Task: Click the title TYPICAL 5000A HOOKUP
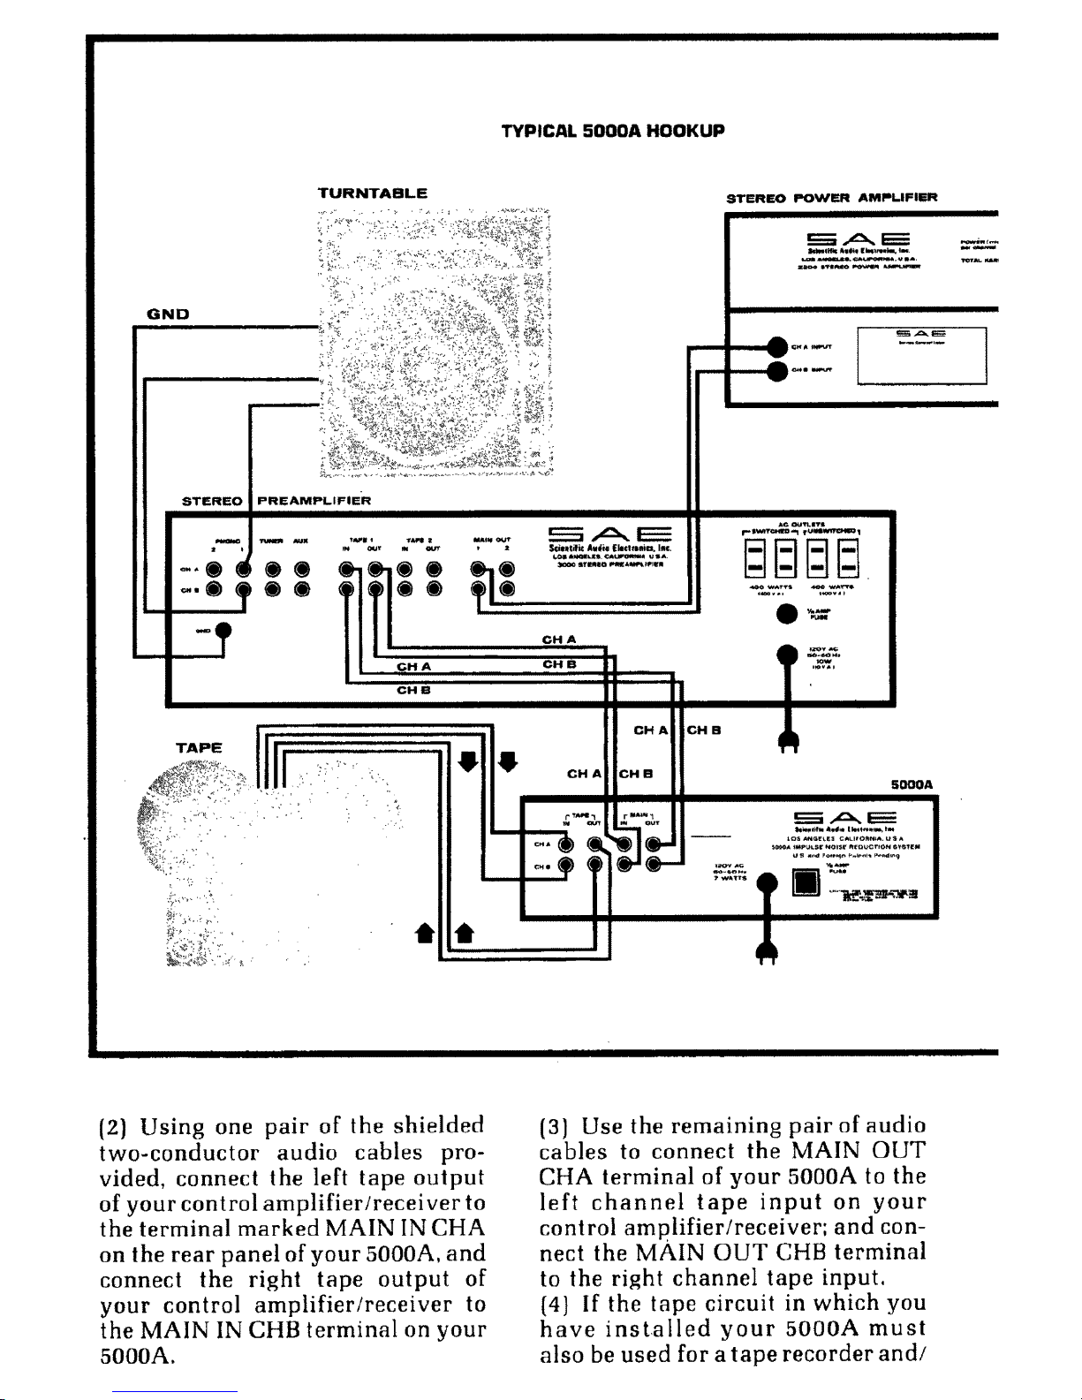612,131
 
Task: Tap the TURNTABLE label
373,192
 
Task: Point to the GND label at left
165,312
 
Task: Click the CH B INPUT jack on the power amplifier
776,371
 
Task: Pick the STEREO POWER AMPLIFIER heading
830,197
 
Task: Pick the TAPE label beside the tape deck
199,746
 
